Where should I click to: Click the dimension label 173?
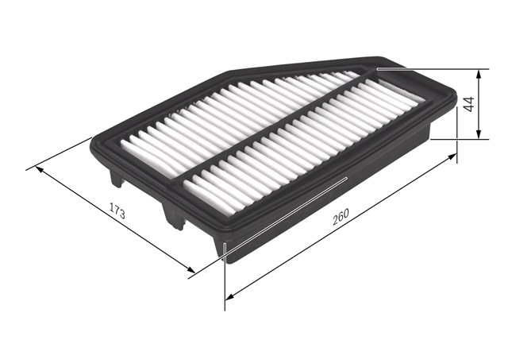click(x=117, y=210)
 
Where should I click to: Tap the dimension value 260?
click(x=341, y=217)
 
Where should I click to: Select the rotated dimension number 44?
click(x=469, y=104)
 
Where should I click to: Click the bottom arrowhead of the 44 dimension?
click(x=479, y=134)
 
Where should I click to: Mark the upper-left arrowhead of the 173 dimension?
click(x=39, y=169)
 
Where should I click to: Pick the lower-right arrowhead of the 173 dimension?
click(x=190, y=269)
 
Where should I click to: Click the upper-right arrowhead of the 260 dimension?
click(x=452, y=156)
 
